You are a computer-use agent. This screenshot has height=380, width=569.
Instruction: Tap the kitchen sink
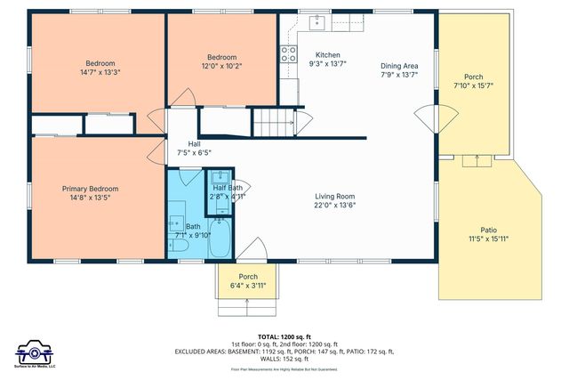317,23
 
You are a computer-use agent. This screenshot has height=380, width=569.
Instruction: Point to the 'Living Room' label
334,197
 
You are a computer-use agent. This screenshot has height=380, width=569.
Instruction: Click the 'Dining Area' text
398,66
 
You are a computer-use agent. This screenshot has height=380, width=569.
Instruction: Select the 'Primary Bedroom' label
90,189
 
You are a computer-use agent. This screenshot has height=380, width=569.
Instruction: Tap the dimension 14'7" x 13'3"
100,73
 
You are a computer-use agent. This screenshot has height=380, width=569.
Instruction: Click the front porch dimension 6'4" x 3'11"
247,286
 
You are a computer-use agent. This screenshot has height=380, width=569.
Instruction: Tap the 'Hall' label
194,143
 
